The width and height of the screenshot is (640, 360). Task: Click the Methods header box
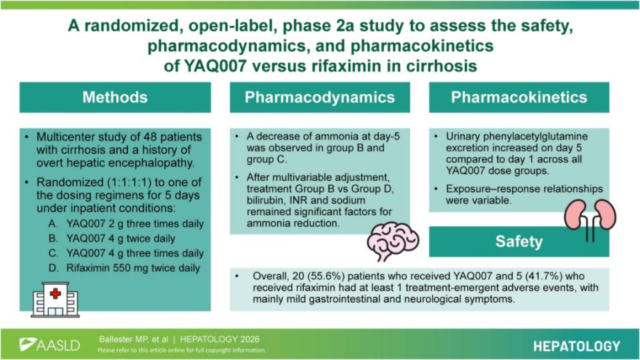[115, 97]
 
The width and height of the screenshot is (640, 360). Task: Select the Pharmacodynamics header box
[319, 97]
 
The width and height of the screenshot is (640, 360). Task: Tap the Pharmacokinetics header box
[519, 97]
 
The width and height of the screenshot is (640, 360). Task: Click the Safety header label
[519, 241]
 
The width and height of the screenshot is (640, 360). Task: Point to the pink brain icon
[393, 241]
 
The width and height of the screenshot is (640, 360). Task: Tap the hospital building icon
[55, 299]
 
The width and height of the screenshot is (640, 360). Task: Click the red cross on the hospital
[55, 293]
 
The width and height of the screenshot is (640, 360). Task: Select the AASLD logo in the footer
[49, 345]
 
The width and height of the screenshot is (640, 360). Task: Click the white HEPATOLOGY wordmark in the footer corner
[576, 346]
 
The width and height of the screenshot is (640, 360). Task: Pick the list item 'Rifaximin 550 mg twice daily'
[133, 268]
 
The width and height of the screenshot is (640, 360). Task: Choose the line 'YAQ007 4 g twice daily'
[121, 239]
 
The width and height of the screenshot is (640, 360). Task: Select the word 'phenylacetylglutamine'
[517, 137]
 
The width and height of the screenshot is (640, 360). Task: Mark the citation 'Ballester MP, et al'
[133, 339]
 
